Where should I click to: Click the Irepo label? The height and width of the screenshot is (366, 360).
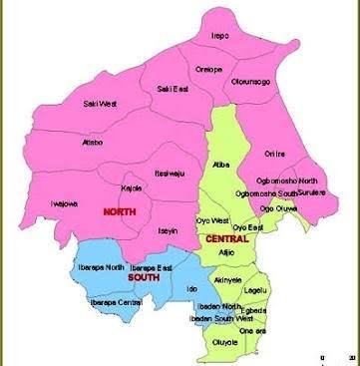point(220,36)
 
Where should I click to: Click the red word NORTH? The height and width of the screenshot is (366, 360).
point(121,212)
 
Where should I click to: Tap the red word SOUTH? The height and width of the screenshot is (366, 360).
point(143,277)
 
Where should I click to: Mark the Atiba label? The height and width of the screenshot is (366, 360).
point(220,164)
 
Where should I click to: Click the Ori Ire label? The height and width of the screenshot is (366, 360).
point(274,154)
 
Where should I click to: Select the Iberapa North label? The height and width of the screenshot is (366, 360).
point(101,268)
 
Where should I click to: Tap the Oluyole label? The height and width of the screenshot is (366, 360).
point(226,341)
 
